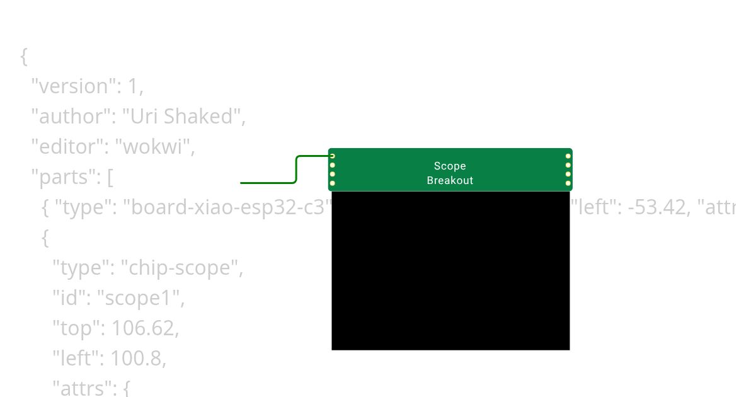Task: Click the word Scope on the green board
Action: pyautogui.click(x=450, y=166)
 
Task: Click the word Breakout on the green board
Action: pyautogui.click(x=450, y=180)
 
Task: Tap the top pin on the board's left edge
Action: pyautogui.click(x=333, y=156)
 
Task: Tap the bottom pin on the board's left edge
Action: pyautogui.click(x=333, y=183)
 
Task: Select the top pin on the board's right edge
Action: pyautogui.click(x=568, y=156)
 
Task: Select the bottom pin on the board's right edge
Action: pyautogui.click(x=568, y=183)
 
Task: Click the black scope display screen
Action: pyautogui.click(x=450, y=270)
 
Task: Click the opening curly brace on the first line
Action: pyautogui.click(x=24, y=56)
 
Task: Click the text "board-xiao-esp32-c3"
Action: pyautogui.click(x=231, y=207)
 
